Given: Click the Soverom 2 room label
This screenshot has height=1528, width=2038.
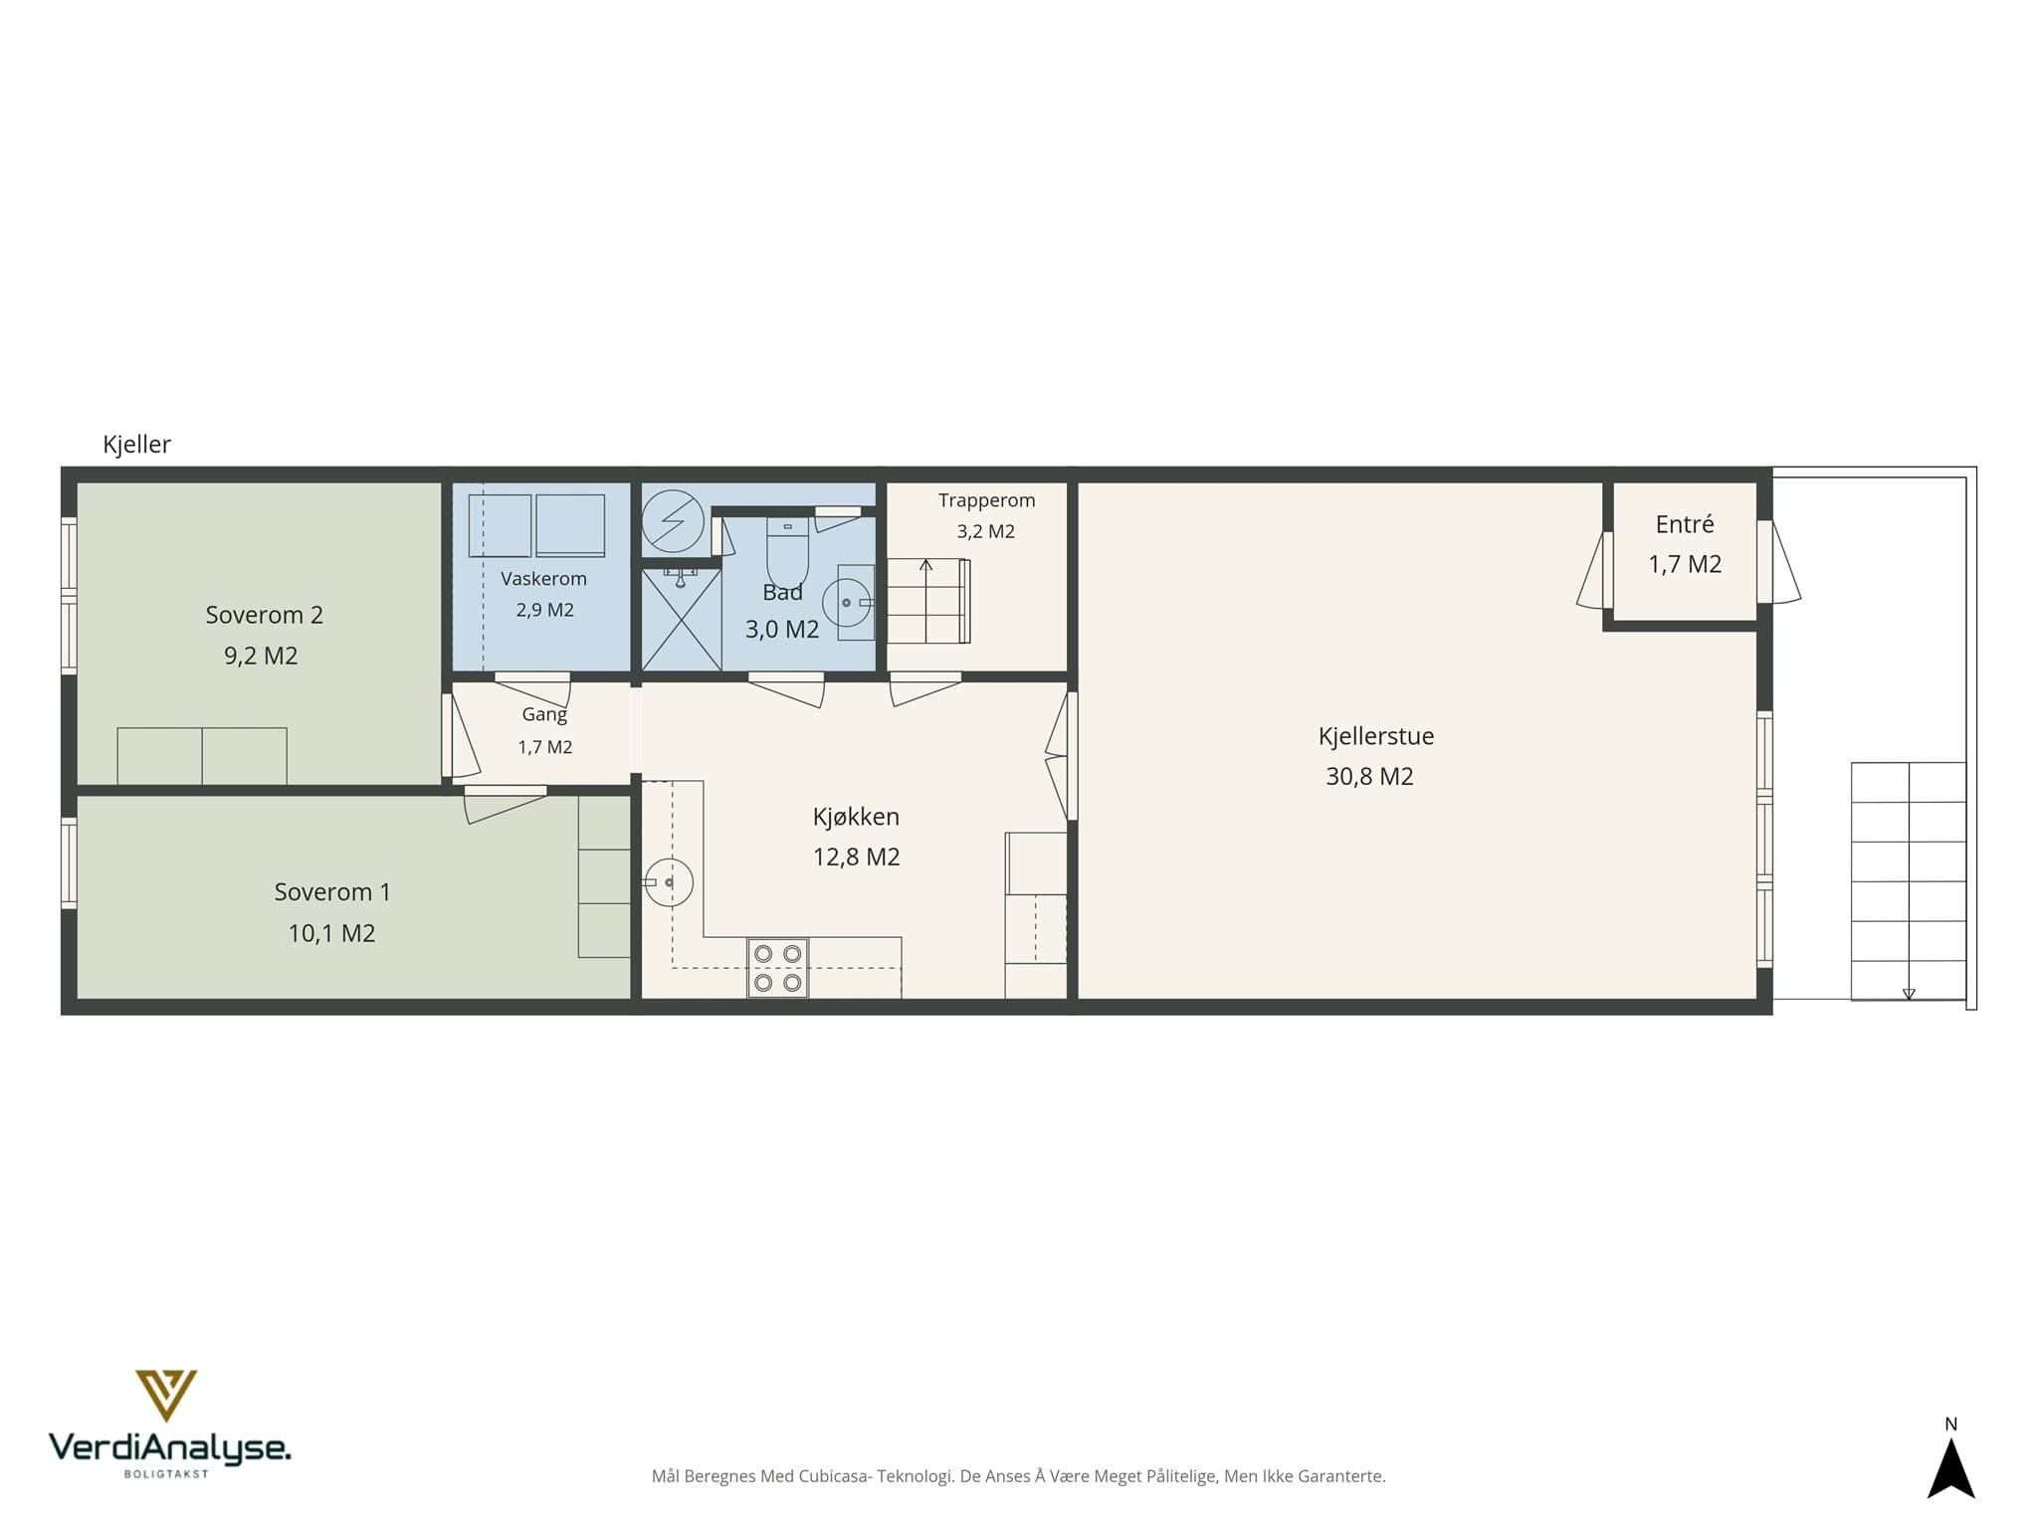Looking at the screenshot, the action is coord(265,615).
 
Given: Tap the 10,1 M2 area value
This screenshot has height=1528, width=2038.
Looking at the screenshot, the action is coord(331,933).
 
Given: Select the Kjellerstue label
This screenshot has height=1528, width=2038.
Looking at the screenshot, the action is coord(1376,736).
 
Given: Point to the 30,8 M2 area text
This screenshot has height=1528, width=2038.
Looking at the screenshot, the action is coord(1369,776).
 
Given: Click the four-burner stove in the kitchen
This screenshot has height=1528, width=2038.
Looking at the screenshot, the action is coord(777,968).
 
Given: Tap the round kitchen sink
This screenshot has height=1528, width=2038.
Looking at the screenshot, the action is coord(669,882).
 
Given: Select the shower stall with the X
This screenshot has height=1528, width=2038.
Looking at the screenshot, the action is coord(681,619).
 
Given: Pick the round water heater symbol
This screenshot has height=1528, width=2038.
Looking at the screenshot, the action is coord(673,521).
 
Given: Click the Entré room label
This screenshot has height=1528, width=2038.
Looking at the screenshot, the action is coord(1685,524).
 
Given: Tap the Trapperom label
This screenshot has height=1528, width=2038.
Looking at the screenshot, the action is coord(986,500).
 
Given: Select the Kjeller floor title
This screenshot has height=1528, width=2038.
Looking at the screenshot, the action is coord(136,444).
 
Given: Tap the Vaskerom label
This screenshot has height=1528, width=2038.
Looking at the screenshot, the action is coord(543,579).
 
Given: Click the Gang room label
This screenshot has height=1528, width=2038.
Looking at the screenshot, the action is coord(544,714).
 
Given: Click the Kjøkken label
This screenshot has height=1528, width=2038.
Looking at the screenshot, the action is coord(856,817).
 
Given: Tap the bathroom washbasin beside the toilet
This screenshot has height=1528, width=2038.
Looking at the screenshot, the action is coord(847,602).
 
